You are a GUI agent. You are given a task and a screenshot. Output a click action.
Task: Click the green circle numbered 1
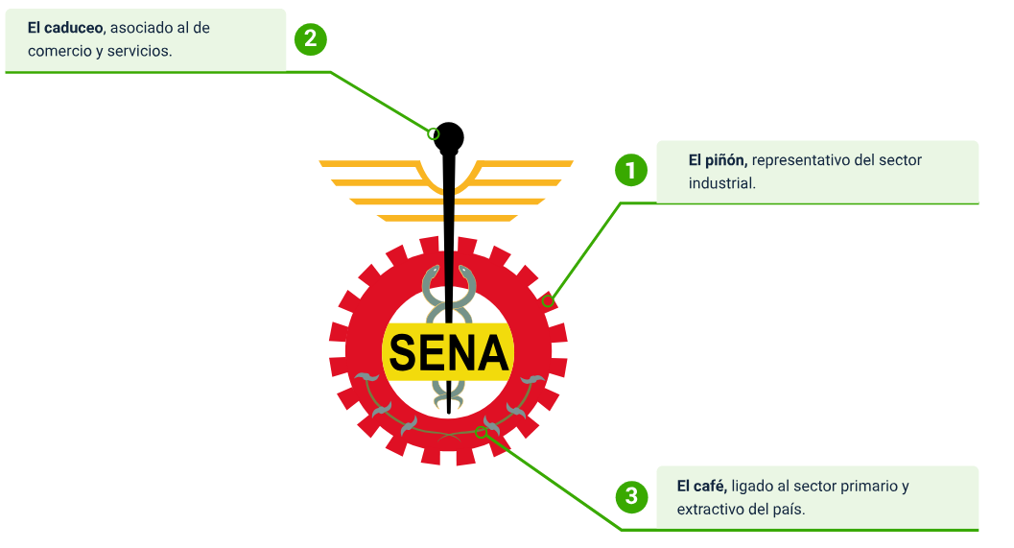(x=630, y=171)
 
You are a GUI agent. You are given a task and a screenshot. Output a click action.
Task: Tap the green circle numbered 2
(x=311, y=39)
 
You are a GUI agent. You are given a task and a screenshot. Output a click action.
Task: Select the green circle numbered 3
(x=630, y=496)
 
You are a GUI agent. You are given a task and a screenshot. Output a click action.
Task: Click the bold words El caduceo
(x=66, y=28)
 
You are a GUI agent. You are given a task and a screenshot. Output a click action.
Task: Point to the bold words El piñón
(x=718, y=160)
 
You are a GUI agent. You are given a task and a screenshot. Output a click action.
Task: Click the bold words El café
(x=700, y=486)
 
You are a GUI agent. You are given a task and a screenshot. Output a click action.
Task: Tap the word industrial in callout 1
(x=721, y=182)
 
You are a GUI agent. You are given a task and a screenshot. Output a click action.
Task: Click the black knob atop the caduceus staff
(x=448, y=136)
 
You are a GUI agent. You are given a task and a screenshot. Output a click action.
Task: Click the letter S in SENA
(x=404, y=354)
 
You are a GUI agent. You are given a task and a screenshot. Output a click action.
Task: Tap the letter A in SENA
(x=492, y=354)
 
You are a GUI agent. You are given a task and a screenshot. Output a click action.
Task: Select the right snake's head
(x=466, y=274)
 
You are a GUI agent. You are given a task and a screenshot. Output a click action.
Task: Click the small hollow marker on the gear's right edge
(x=548, y=301)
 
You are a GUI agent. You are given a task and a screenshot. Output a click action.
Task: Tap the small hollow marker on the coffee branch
(x=482, y=433)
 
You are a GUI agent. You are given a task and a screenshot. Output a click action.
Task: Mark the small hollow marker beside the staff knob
(x=434, y=133)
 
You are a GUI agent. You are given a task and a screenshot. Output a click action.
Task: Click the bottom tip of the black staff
(x=448, y=412)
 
